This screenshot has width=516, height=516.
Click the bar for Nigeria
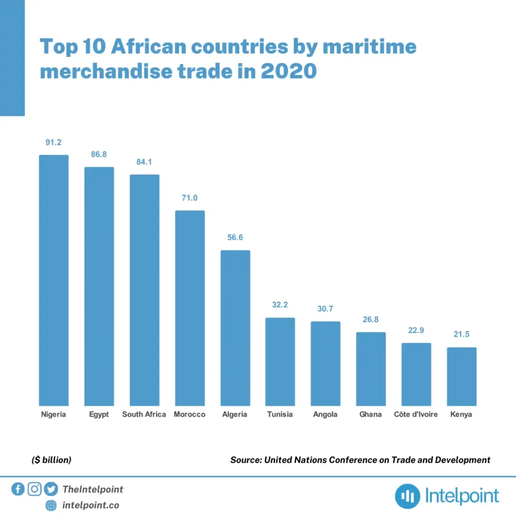[54, 280]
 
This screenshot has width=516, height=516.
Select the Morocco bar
[190, 308]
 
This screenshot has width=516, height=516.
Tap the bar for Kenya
[462, 376]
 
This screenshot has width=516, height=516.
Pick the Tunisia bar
[280, 361]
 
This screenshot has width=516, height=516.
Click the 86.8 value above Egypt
[99, 155]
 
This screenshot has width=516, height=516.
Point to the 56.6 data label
[235, 237]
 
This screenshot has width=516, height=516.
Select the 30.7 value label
[326, 309]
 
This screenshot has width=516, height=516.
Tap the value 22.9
[416, 331]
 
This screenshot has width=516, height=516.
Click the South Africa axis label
[144, 415]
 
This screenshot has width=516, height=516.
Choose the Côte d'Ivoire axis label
[416, 415]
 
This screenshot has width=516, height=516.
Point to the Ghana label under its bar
[371, 415]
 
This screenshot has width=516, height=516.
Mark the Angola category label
[326, 415]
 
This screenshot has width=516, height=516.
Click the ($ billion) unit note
[51, 460]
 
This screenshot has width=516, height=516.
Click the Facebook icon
[18, 489]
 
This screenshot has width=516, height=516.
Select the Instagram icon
[34, 489]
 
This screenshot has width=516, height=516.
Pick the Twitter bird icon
[51, 489]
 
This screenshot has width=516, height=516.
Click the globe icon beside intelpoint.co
[51, 505]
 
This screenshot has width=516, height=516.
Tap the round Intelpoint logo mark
[407, 496]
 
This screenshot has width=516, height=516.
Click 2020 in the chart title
[288, 72]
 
